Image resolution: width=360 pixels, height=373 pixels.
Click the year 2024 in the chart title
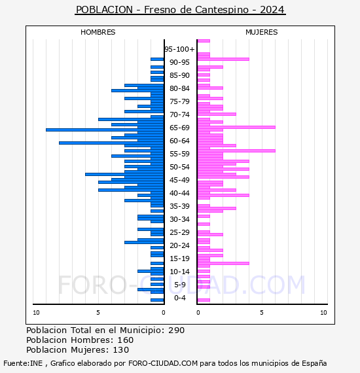coord(272,10)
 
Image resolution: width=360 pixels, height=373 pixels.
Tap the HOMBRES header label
coord(98,32)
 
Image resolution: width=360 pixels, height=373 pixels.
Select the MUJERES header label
coord(262,32)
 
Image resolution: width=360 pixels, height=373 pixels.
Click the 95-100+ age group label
coord(179,49)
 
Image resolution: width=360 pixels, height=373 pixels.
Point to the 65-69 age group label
coord(179,128)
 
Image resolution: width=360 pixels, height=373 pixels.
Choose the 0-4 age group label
coord(179,298)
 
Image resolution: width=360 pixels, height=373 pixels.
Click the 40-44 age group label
coord(179,193)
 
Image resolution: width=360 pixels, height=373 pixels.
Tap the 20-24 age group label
coord(179,245)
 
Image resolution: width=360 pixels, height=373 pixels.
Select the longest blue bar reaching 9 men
coord(105,130)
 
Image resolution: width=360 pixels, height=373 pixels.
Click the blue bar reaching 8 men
coord(111,143)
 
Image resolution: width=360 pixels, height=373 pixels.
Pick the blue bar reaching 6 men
coord(124,174)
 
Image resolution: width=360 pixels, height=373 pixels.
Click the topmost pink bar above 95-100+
coord(204,41)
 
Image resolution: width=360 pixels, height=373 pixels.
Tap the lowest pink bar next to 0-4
coord(204,300)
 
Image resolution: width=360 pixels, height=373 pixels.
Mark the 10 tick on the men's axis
coord(36,313)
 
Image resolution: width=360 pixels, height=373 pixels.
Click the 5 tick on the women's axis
coord(262,313)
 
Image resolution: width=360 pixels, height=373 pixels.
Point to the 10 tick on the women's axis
coord(323,313)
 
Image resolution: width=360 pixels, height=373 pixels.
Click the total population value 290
coord(176,330)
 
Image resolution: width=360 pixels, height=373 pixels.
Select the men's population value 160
coord(126,340)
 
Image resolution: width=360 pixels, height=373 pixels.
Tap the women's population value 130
coord(121,350)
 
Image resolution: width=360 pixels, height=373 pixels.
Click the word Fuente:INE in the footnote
coord(23,363)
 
